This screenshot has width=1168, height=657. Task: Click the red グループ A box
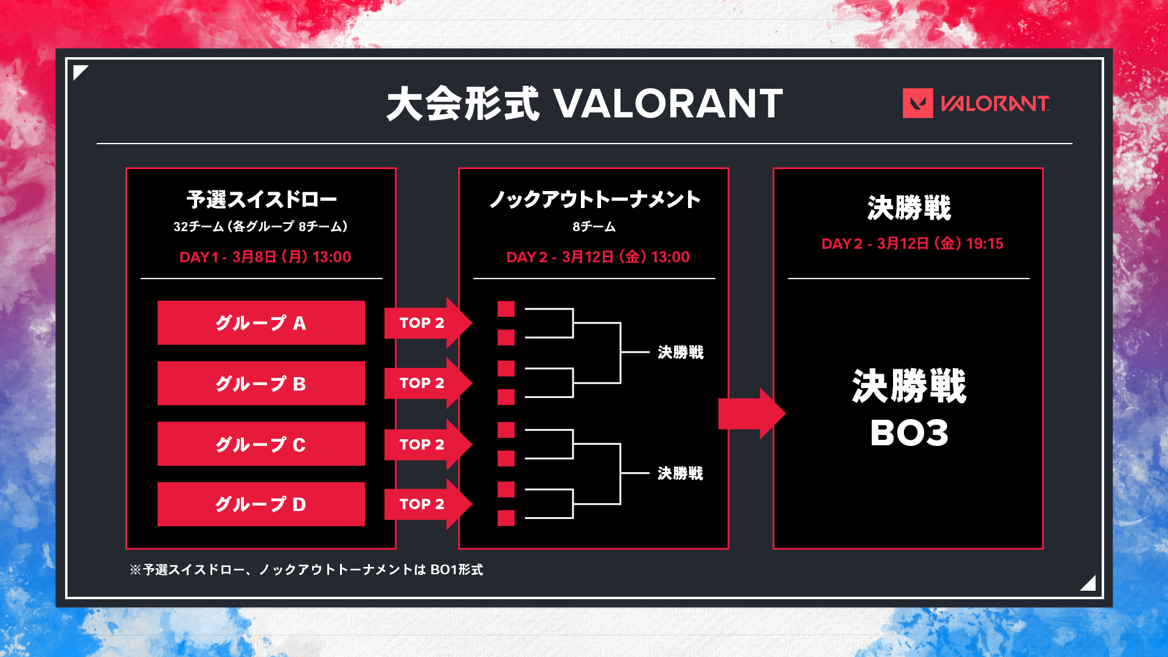click(x=261, y=322)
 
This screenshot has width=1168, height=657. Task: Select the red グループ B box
click(x=261, y=383)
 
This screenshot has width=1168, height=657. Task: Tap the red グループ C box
click(x=261, y=443)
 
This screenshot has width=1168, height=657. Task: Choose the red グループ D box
click(x=261, y=504)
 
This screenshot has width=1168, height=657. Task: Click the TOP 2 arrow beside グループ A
click(x=428, y=322)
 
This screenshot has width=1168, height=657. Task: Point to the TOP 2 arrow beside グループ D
click(x=428, y=504)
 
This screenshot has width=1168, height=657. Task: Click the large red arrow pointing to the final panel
click(x=752, y=414)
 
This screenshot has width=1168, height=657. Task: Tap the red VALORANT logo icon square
click(x=918, y=103)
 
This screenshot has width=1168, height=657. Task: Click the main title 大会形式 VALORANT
click(x=585, y=103)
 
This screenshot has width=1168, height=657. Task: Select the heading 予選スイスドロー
click(x=262, y=199)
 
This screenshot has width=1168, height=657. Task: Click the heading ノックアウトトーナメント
click(x=594, y=199)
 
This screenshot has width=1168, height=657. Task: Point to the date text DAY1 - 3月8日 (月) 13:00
click(x=265, y=257)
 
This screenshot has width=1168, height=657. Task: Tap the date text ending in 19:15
click(x=912, y=243)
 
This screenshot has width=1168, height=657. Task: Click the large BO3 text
click(x=909, y=433)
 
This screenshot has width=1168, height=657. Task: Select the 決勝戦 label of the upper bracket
click(x=681, y=352)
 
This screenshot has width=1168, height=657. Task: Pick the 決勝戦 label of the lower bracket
click(x=681, y=473)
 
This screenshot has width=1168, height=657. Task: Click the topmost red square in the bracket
click(x=506, y=309)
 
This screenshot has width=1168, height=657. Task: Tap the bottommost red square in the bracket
click(x=506, y=518)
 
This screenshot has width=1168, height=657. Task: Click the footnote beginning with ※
click(x=307, y=569)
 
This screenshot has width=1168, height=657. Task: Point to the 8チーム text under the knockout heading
click(x=594, y=227)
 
